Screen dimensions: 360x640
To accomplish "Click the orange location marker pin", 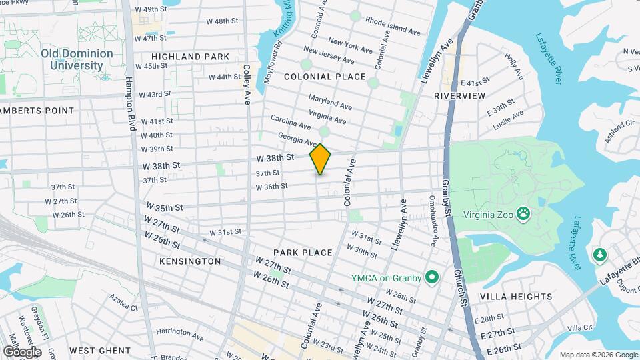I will point(321,159).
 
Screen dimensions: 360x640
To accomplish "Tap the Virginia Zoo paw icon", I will point(525,215).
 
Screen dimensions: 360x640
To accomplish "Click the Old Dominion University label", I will point(72,59).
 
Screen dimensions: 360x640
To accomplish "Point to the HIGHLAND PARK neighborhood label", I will point(190,57).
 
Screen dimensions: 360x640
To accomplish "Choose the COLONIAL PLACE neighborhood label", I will point(325,77).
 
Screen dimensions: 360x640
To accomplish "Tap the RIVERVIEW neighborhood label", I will point(460,96).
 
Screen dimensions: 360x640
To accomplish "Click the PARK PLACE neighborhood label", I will point(303,253).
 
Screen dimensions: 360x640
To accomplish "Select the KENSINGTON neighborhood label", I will point(190,261).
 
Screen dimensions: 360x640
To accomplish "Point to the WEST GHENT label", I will point(99,351).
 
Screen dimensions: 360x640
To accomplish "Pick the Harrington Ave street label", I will point(179,331).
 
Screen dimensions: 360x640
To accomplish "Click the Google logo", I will point(22,351).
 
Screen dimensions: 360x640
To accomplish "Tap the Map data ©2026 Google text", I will point(598,355).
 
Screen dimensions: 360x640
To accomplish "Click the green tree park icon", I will point(599,255).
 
